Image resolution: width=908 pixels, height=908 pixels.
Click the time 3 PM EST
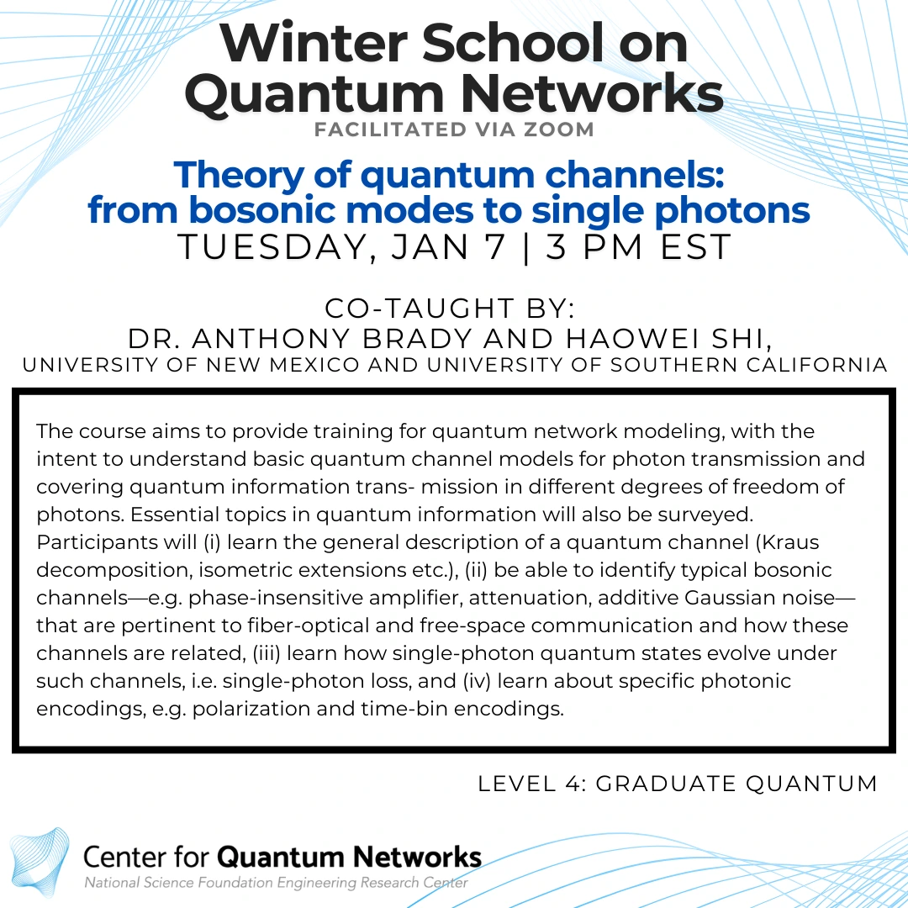tap(640, 248)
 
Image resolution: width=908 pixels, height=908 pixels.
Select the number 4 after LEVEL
tap(569, 784)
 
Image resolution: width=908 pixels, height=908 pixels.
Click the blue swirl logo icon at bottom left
tap(40, 858)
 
